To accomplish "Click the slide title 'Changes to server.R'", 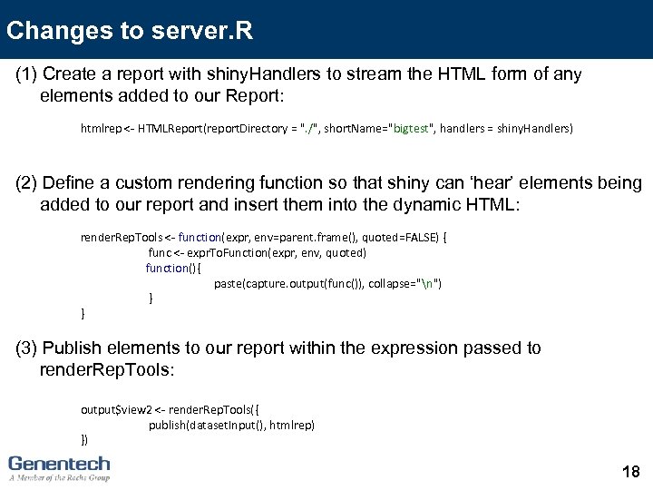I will (130, 31).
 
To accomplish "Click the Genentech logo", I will (59, 466).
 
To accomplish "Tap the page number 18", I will (631, 471).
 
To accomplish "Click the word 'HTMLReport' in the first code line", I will (161, 129).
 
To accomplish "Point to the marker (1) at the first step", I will (26, 74).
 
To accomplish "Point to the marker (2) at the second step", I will (26, 183).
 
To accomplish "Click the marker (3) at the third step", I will (26, 348).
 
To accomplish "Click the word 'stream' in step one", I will (361, 74).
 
